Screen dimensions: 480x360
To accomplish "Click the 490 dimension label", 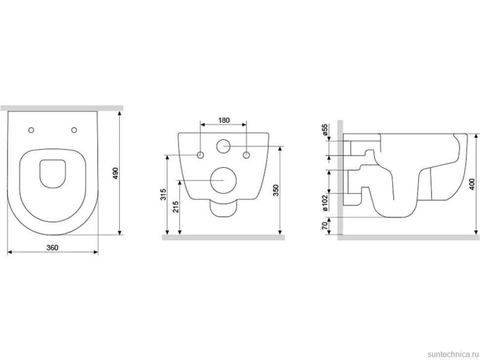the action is tap(115, 173).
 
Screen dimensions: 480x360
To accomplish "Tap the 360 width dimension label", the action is tap(52, 247).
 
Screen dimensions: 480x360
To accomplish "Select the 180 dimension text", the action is tap(224, 120).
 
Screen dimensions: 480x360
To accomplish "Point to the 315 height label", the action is tap(163, 194).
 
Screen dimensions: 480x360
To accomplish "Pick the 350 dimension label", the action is tap(276, 190).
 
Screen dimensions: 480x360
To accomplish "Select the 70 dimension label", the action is tap(325, 225).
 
